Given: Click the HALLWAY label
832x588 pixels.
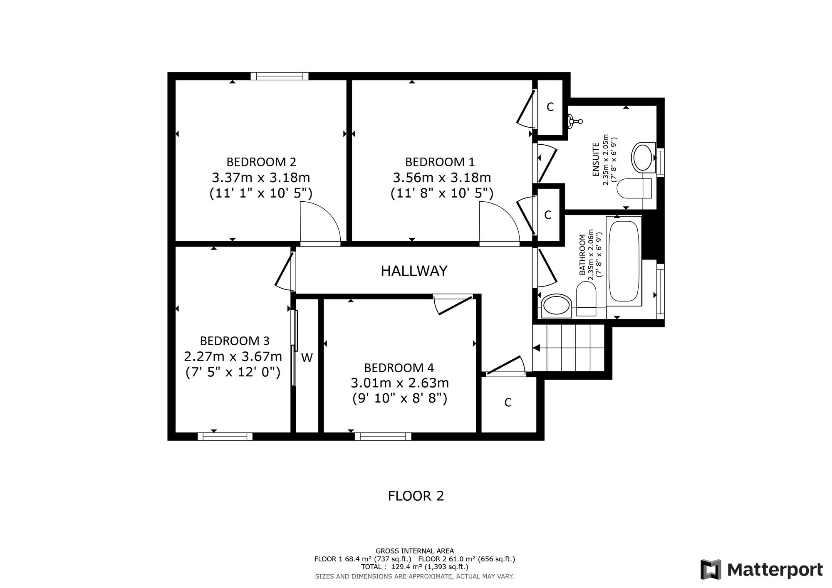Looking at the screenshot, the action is (x=414, y=271).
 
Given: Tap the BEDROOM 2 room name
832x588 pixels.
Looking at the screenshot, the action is (x=261, y=162).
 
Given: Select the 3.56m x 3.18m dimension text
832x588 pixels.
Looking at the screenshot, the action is (x=442, y=178).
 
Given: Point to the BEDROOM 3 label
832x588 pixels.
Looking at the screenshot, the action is (x=235, y=341).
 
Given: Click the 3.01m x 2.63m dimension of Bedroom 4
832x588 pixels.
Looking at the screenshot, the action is (x=400, y=383).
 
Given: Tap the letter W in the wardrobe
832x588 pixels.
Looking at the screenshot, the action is (x=307, y=358).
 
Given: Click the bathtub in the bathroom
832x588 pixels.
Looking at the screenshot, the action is (x=624, y=260).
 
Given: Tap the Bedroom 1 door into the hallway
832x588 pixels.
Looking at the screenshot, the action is (x=499, y=222).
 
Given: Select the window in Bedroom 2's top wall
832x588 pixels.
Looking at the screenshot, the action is (x=280, y=76).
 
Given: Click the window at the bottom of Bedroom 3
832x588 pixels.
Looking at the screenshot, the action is (x=225, y=436).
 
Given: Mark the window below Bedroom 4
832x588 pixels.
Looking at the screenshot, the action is (x=383, y=436).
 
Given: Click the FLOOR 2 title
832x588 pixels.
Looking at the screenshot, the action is (x=416, y=496).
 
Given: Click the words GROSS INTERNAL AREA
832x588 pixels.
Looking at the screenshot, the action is (x=415, y=551).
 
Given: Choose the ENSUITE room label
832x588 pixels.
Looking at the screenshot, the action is (x=596, y=159).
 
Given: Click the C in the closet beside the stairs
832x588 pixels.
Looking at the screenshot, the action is (x=508, y=403).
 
